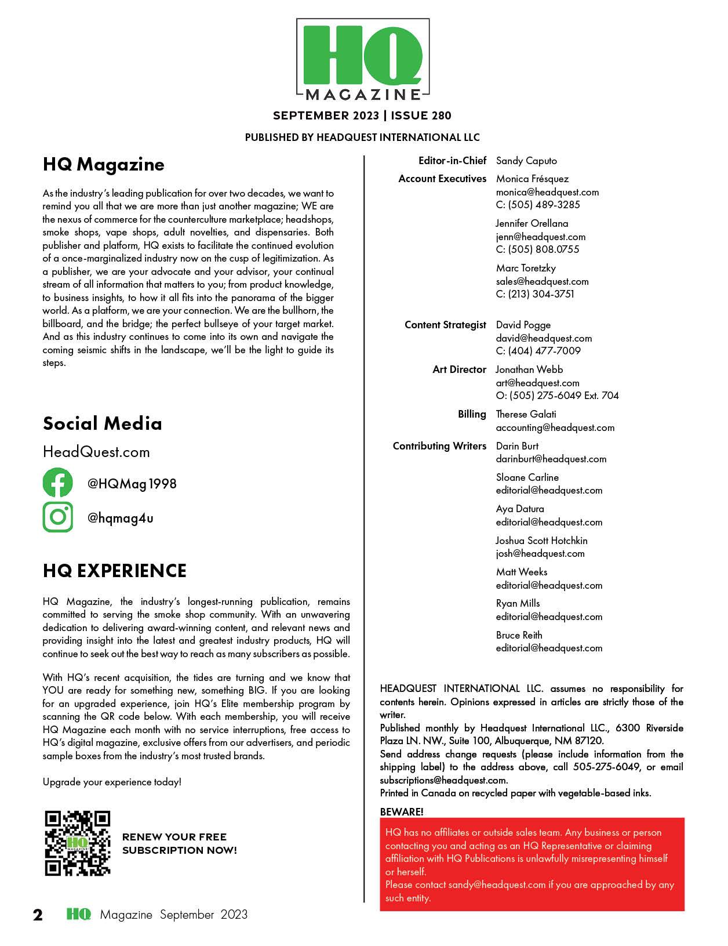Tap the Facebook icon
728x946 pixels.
58,483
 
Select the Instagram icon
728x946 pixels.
58,517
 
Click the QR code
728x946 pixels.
78,843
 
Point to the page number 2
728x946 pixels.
38,915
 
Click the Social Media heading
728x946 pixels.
103,423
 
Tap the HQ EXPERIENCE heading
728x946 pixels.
115,571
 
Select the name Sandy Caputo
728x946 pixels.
526,161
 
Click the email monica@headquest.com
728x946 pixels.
547,192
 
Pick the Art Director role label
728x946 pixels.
459,369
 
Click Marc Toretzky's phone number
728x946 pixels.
535,294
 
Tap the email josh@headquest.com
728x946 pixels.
540,553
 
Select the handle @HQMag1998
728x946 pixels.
132,484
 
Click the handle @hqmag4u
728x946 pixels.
121,518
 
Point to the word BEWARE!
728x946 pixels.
402,811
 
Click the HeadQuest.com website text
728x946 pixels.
96,452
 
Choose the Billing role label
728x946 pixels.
472,414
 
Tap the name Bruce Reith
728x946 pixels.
519,635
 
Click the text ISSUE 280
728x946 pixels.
421,115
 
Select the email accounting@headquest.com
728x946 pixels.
555,427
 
